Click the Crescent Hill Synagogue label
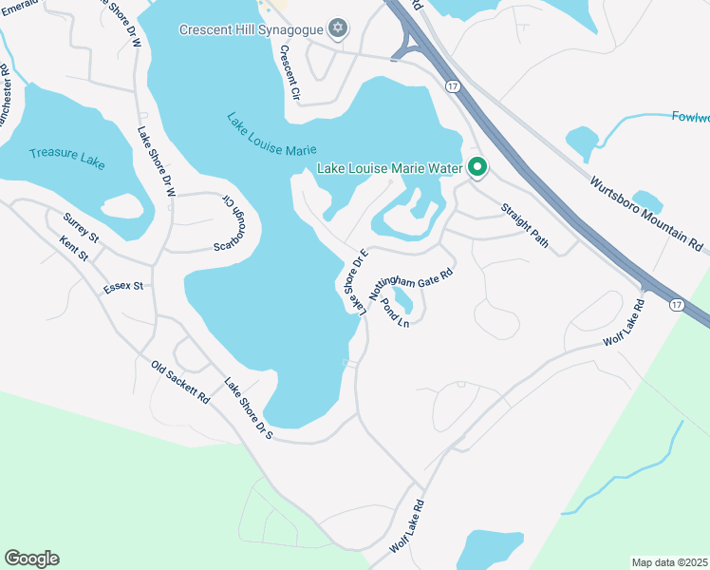tap(251, 28)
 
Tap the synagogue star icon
tap(337, 28)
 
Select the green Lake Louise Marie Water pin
tap(477, 169)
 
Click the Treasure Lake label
tap(66, 157)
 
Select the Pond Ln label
tap(394, 313)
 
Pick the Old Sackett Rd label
tap(179, 382)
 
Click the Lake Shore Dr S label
tap(249, 408)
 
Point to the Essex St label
tap(123, 285)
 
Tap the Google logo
tap(31, 559)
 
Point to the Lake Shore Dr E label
tap(355, 278)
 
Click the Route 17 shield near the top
tap(452, 85)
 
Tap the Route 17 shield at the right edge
tap(675, 305)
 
